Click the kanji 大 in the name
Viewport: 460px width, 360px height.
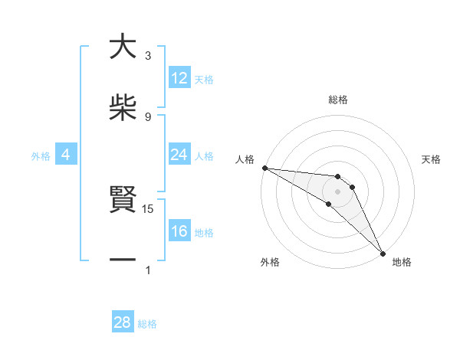(x=123, y=47)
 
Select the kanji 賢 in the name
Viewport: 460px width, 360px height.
(x=123, y=201)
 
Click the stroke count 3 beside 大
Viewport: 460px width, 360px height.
(x=148, y=56)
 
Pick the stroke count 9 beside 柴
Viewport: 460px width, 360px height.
(x=148, y=116)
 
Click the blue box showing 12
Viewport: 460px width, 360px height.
(x=179, y=78)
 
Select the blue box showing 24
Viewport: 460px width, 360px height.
(x=179, y=155)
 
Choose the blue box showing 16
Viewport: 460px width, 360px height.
(x=179, y=231)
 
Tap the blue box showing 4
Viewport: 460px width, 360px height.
(x=66, y=155)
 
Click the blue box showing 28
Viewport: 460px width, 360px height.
(x=123, y=322)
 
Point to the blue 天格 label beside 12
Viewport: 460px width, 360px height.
(x=204, y=79)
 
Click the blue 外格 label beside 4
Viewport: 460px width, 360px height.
(x=41, y=155)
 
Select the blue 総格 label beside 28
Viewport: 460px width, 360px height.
(x=147, y=323)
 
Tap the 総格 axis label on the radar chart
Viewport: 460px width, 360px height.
(x=338, y=100)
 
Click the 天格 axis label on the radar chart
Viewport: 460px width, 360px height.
(x=432, y=159)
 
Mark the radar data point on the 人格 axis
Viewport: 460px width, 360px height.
(x=264, y=168)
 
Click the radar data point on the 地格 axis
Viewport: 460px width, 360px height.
(x=383, y=252)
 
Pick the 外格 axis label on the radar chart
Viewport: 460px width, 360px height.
(x=270, y=262)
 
